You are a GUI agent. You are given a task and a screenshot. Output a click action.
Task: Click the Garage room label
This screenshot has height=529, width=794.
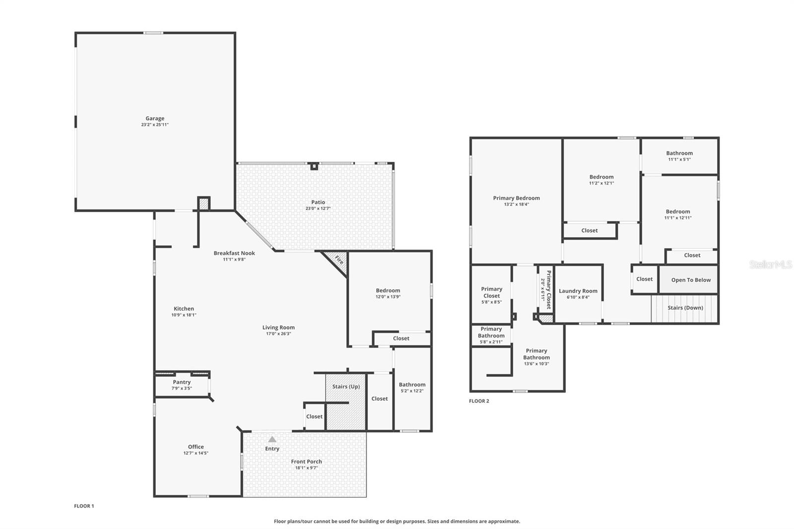click(x=155, y=119)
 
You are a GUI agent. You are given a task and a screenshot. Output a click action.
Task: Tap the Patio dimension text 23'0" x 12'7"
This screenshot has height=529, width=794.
click(x=318, y=209)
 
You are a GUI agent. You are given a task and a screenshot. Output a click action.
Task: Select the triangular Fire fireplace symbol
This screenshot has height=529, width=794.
click(x=336, y=261)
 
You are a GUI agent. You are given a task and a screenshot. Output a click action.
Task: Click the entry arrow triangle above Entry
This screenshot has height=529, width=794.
click(x=272, y=439)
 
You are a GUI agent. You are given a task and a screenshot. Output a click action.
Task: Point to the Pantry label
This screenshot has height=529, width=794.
click(x=182, y=382)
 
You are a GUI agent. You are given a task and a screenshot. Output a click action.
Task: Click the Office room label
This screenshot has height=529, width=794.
click(x=196, y=447)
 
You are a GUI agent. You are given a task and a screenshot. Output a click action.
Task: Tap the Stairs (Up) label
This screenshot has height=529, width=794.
click(x=346, y=387)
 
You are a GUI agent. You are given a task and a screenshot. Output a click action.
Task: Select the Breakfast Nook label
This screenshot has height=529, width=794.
click(x=234, y=253)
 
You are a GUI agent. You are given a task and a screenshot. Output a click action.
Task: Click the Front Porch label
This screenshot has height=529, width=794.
click(x=306, y=462)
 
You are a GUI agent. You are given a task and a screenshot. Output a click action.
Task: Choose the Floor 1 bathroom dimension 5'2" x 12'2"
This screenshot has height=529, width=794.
click(x=412, y=391)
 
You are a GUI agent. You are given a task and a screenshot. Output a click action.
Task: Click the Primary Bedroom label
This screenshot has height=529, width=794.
click(x=516, y=198)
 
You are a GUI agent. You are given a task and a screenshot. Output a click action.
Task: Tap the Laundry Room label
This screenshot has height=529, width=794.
click(x=578, y=291)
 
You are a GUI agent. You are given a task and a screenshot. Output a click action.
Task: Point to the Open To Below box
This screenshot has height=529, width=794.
click(x=691, y=280)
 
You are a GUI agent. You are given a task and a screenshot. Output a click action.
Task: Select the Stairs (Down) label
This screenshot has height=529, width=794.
click(x=685, y=308)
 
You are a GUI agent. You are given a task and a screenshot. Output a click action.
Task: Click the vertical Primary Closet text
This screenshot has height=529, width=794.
click(x=549, y=290)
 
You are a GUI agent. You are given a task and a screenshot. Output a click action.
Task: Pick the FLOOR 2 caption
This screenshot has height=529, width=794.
click(x=479, y=401)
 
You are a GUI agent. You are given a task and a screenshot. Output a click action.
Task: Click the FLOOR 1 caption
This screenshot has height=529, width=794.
click(x=84, y=506)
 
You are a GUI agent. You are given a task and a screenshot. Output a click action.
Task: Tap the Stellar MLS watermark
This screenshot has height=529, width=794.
click(x=770, y=264)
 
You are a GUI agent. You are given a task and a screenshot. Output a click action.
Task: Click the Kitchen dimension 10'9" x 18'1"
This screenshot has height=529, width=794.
click(x=184, y=315)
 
